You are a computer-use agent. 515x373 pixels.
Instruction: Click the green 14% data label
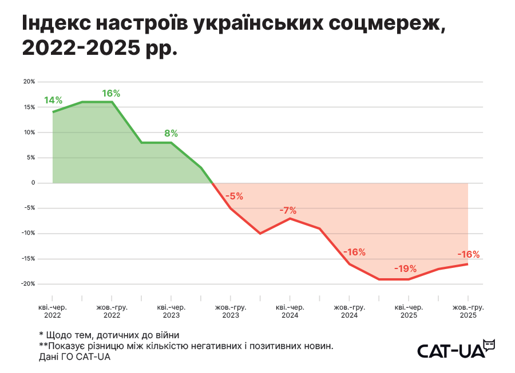pyautogui.click(x=53, y=101)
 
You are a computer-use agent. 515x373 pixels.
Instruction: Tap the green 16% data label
pyautogui.click(x=112, y=93)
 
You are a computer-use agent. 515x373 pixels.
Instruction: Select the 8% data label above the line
pyautogui.click(x=171, y=133)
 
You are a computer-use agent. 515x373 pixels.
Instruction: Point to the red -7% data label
pyautogui.click(x=288, y=210)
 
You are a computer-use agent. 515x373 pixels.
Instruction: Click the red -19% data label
pyautogui.click(x=405, y=268)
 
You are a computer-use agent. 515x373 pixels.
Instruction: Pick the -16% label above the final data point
pyautogui.click(x=468, y=255)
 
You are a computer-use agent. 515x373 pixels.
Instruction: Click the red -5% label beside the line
pyautogui.click(x=234, y=196)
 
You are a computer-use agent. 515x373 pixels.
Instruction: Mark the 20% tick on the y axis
pyautogui.click(x=29, y=82)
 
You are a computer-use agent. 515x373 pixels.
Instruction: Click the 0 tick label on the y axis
pyautogui.click(x=33, y=183)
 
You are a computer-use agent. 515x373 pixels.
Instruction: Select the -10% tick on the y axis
pyautogui.click(x=28, y=233)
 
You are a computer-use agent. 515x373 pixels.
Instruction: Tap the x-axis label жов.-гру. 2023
pyautogui.click(x=231, y=311)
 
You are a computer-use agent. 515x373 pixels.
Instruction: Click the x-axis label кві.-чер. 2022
pyautogui.click(x=53, y=311)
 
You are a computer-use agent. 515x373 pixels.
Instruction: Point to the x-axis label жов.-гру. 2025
pyautogui.click(x=468, y=311)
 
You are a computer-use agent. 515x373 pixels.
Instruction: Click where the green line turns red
pyautogui.click(x=213, y=183)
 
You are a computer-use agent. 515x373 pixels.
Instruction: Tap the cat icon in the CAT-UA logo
pyautogui.click(x=489, y=344)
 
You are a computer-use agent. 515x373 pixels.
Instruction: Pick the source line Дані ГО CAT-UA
pyautogui.click(x=74, y=357)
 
